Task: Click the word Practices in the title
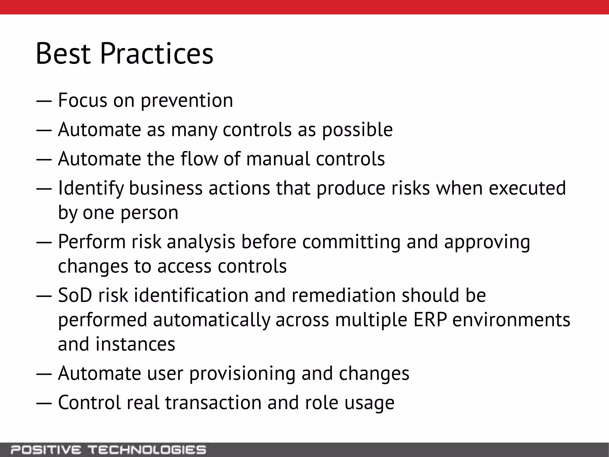pyautogui.click(x=157, y=54)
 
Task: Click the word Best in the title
pyautogui.click(x=63, y=54)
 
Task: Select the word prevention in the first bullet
pyautogui.click(x=187, y=101)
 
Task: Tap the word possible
pyautogui.click(x=357, y=130)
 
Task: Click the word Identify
pyautogui.click(x=91, y=188)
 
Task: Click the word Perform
pyautogui.click(x=92, y=242)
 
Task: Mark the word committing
pyautogui.click(x=351, y=242)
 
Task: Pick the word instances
pyautogui.click(x=135, y=344)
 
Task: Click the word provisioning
pyautogui.click(x=242, y=374)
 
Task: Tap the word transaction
pyautogui.click(x=213, y=403)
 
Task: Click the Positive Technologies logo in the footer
pyautogui.click(x=108, y=450)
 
